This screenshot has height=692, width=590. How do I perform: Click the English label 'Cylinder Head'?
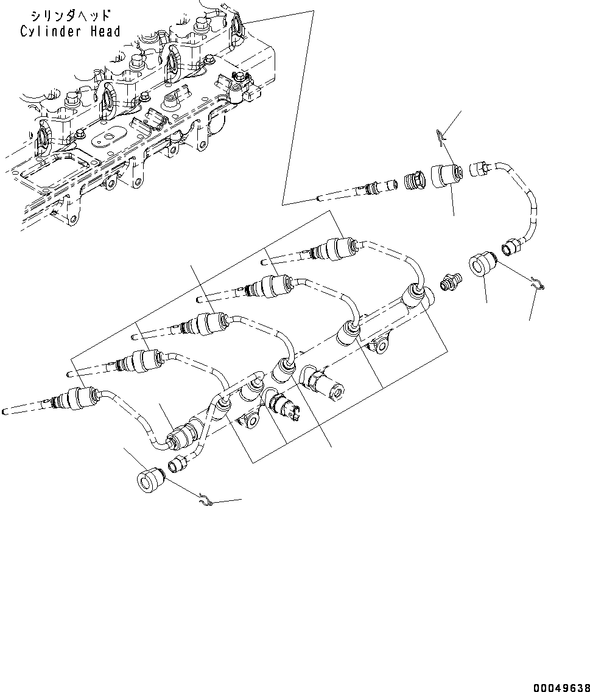click(x=70, y=32)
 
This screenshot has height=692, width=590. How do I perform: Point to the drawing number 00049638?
click(x=561, y=687)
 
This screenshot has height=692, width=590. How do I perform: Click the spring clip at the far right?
click(x=537, y=282)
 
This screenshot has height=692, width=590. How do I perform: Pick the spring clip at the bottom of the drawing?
click(x=207, y=501)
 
